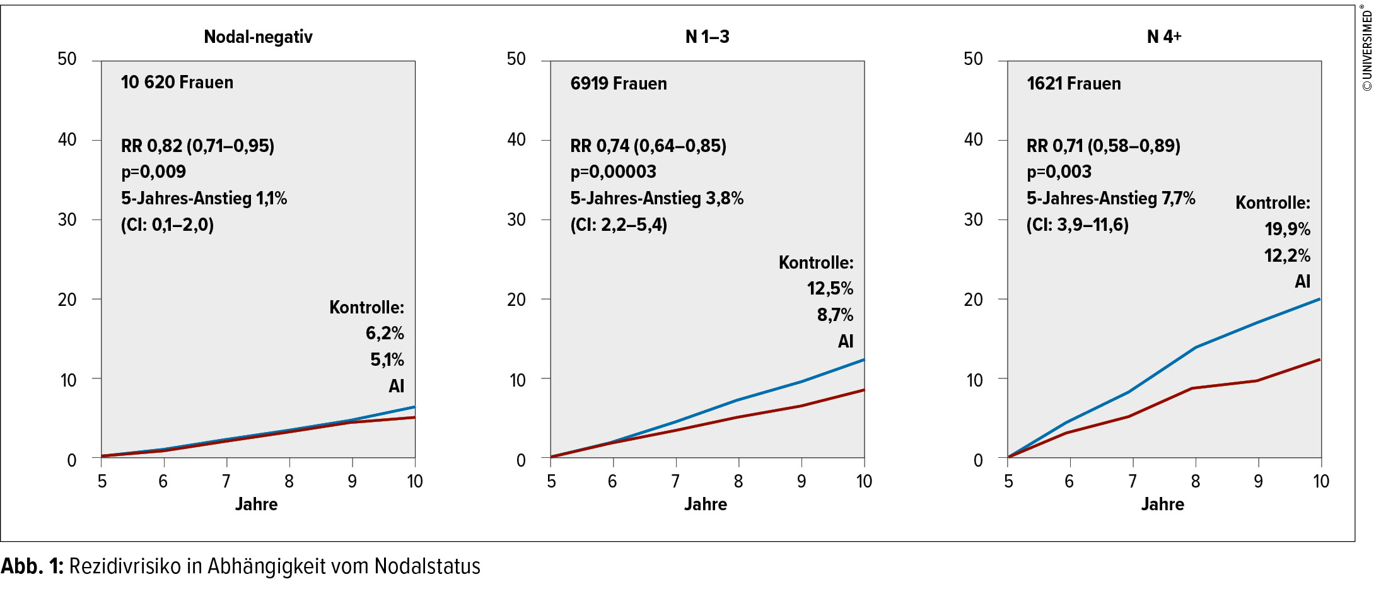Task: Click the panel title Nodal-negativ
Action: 258,37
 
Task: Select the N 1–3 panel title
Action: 707,37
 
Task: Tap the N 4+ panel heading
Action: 1163,37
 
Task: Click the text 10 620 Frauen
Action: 177,83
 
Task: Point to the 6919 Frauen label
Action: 618,83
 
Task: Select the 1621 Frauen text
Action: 1073,83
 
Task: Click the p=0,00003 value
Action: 613,172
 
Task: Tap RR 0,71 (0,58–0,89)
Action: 1103,146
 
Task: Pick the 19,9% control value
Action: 1287,229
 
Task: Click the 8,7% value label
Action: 835,315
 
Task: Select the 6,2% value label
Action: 385,333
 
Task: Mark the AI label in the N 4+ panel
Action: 1302,281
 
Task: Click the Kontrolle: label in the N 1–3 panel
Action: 816,262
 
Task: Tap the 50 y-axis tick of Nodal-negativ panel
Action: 67,59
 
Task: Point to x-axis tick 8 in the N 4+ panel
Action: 1195,481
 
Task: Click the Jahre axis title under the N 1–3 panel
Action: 706,504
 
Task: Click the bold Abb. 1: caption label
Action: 32,566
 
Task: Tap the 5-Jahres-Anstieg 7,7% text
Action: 1110,198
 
